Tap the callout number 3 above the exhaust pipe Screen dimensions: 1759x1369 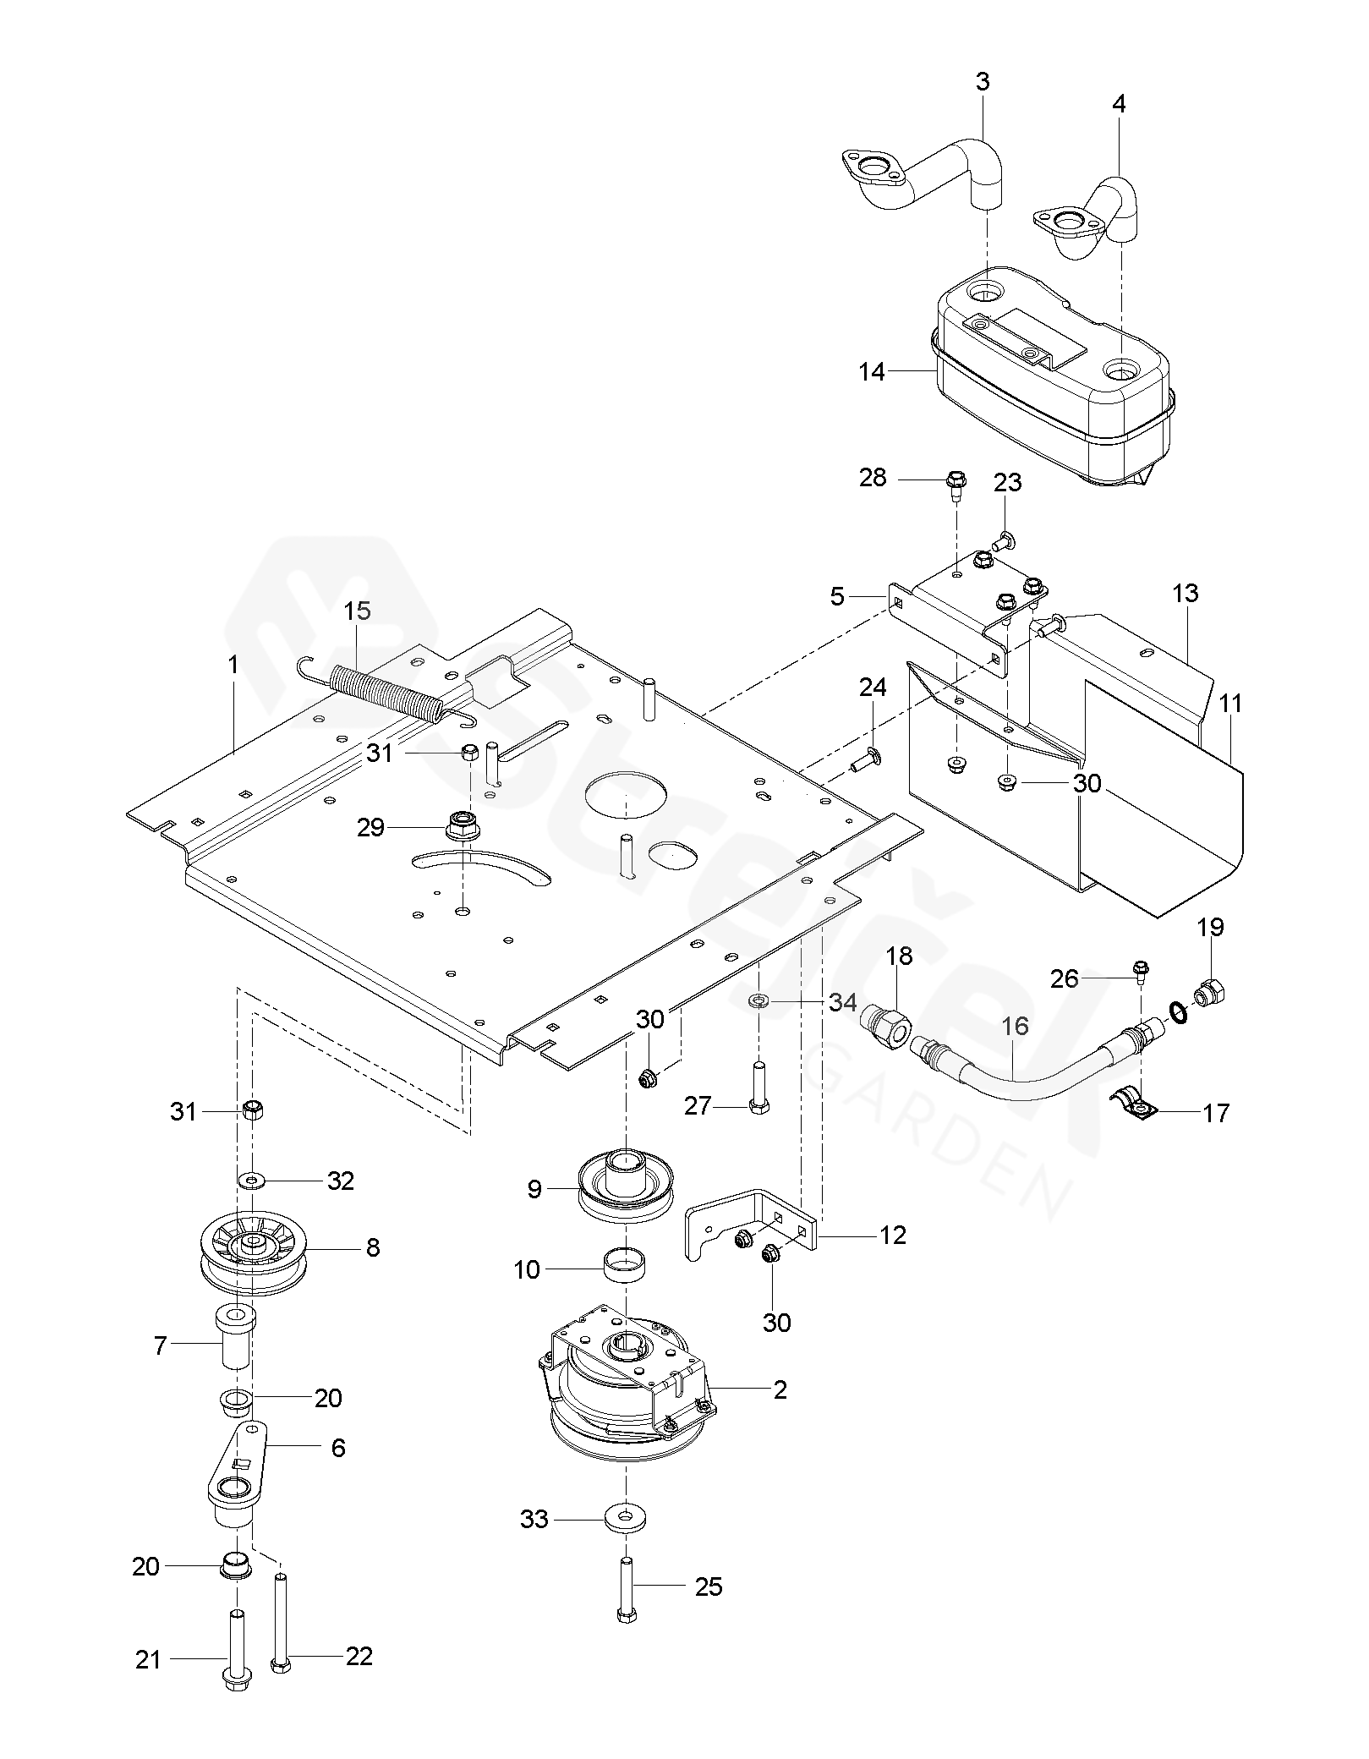[982, 82]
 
